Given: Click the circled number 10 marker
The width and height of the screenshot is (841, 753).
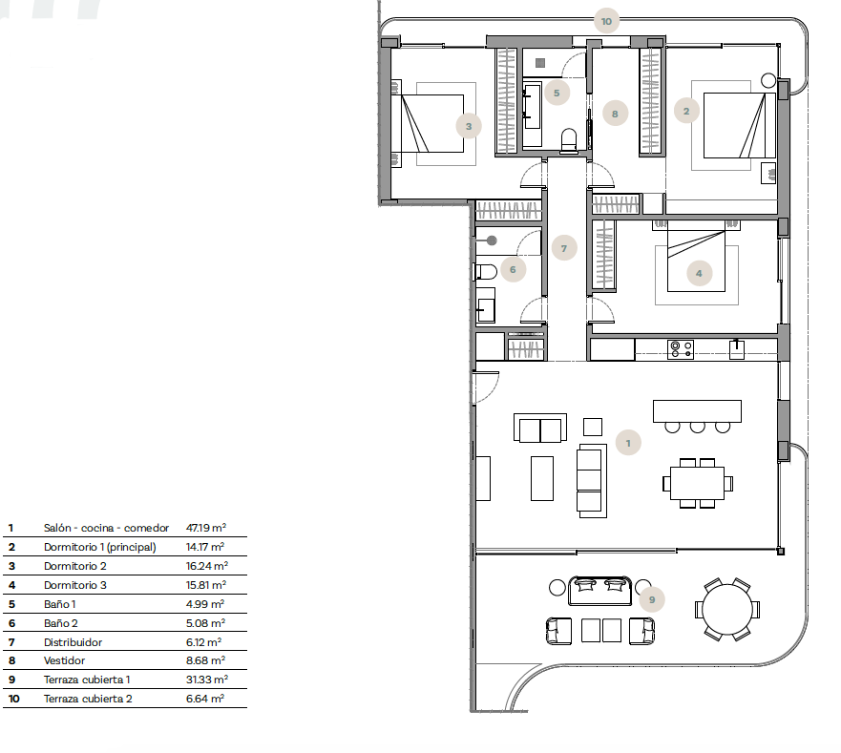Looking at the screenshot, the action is pos(606,21).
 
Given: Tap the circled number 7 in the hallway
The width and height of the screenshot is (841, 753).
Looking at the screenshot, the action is pos(564,248).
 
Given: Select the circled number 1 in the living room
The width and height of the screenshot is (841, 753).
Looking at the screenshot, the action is pos(628,443).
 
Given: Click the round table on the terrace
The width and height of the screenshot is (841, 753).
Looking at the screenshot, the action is pos(727,609).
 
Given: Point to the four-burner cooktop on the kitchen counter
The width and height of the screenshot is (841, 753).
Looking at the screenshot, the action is pos(681,349).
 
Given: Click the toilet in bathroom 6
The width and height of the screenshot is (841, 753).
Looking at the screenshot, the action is pos(485,272).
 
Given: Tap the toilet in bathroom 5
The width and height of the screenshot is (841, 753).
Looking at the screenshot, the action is pos(569,140).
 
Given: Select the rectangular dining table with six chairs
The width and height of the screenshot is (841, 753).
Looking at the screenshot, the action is pos(697,483).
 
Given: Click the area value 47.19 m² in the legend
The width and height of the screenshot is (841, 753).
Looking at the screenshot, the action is pos(206,528).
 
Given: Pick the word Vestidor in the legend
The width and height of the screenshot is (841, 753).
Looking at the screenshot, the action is pos(64,660).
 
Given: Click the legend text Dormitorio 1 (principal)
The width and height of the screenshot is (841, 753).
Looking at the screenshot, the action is pos(100,547).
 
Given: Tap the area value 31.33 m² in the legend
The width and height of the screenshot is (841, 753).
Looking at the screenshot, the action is pos(207,680).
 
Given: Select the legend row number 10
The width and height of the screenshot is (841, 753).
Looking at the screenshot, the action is pos(14,699).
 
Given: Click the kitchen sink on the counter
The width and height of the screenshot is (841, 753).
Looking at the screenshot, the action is pos(736,349).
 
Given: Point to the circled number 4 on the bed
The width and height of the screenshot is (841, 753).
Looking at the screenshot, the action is pos(699,273).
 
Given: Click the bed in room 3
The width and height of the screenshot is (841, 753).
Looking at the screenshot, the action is pos(432,123).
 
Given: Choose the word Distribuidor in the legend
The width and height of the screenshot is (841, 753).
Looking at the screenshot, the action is pos(73,642).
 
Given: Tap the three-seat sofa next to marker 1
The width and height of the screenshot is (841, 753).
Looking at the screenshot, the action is pos(591,481).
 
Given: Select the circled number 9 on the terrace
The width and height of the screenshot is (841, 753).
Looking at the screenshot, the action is pos(652,599).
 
